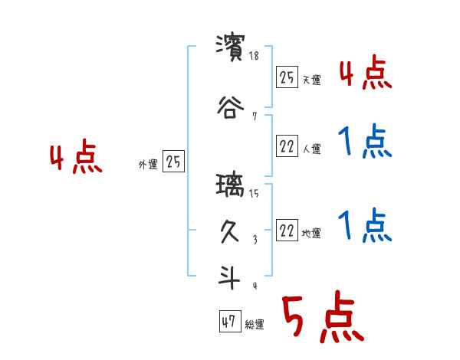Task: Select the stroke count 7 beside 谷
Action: [x=254, y=116]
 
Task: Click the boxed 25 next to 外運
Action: [x=172, y=162]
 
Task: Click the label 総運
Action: [x=255, y=325]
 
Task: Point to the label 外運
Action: [x=148, y=164]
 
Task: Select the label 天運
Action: [x=311, y=80]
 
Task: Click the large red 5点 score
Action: [x=321, y=318]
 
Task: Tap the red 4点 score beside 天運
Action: [x=366, y=74]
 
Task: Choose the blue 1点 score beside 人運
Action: [x=366, y=142]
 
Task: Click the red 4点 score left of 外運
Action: [x=75, y=159]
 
